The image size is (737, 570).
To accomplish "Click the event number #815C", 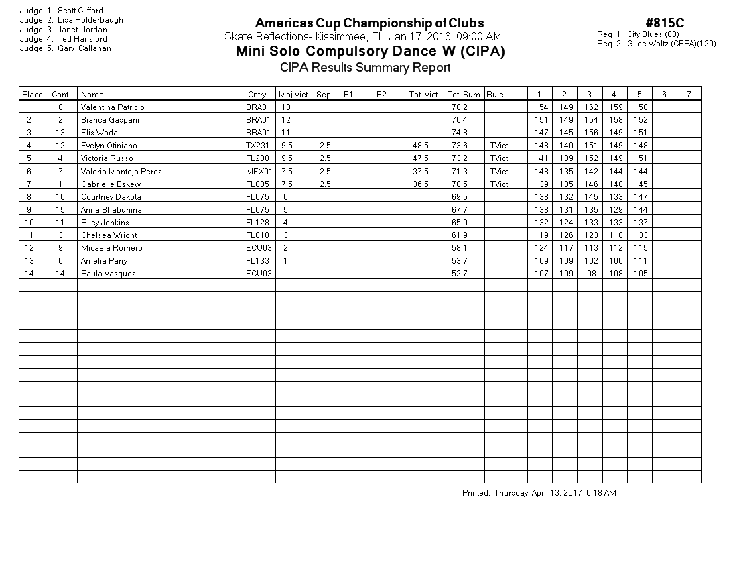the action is coord(665,23).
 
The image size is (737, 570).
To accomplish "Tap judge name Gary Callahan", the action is coord(84,48).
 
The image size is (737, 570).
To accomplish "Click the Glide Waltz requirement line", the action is coord(657,44).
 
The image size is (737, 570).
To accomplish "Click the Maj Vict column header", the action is coord(293,95).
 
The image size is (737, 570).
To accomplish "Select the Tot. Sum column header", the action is coord(464,95).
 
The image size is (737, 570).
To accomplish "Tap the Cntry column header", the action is coord(257,95).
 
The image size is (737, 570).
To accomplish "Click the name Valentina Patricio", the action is coord(113,107).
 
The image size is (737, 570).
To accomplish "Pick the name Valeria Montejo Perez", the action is coord(121,172).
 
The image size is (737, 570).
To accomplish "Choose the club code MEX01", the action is coord(259,172).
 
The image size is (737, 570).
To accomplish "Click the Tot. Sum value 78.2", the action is coord(459,107).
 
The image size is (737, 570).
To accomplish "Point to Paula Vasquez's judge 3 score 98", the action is coord(590,274).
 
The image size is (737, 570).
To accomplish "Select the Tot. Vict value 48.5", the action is coord(421,146).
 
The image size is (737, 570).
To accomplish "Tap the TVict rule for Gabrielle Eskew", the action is coord(499,184).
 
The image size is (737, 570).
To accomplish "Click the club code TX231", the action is coord(258,146).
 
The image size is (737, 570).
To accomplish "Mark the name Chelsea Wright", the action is coord(109,235).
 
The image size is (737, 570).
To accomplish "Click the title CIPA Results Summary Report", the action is coord(365,67).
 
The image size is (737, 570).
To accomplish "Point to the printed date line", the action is coord(539,493).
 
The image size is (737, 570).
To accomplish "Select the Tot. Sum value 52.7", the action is coord(459,274).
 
